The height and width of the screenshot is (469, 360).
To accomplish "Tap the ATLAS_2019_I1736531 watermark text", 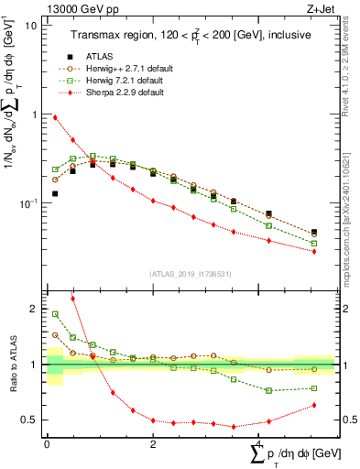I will click(x=191, y=273).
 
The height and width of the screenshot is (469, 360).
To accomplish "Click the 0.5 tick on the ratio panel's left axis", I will click(x=28, y=420).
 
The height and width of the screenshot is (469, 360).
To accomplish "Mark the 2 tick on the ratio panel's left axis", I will click(x=33, y=309).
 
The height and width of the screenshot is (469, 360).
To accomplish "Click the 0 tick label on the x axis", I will click(x=47, y=443).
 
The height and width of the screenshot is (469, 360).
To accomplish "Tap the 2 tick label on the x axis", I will click(x=152, y=443).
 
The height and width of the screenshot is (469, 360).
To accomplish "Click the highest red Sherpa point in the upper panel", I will click(x=55, y=117).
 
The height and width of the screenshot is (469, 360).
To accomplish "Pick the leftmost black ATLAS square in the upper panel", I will click(x=55, y=193).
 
